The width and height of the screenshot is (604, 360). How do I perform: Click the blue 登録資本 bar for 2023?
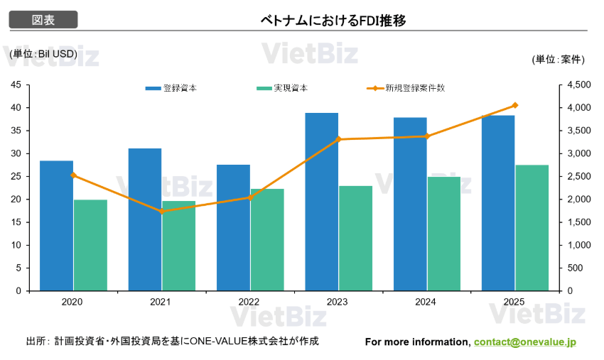(x=321, y=202)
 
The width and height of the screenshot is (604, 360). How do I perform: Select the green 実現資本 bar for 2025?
(x=532, y=227)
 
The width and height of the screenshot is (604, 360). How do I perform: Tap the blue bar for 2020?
(x=56, y=225)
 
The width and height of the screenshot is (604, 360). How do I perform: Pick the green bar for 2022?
(x=267, y=239)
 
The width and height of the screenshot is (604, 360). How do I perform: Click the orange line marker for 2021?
(x=161, y=211)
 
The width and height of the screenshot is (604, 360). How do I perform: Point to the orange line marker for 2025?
(x=515, y=105)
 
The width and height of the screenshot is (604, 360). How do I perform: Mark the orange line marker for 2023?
(x=338, y=139)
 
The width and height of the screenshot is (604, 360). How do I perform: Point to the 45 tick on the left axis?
(x=16, y=84)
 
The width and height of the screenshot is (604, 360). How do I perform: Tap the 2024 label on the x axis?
(x=426, y=302)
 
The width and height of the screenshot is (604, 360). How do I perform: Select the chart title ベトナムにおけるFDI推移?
(x=333, y=21)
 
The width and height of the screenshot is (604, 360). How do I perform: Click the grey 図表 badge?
(x=43, y=20)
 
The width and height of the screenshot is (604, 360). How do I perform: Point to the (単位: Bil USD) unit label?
(x=43, y=53)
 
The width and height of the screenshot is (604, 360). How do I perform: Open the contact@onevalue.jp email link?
(x=525, y=342)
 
